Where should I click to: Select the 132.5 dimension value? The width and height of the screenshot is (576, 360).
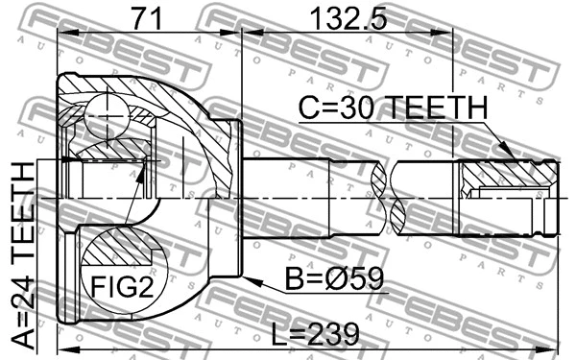(347, 16)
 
